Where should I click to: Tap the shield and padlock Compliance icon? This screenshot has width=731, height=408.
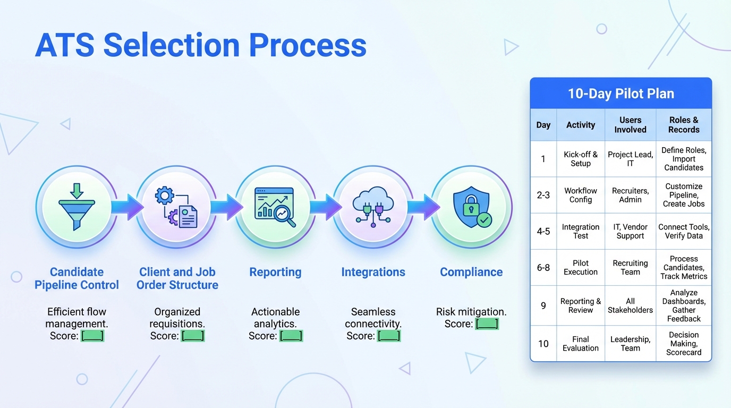coord(471,207)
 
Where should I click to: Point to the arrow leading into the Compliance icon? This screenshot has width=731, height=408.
coord(423,206)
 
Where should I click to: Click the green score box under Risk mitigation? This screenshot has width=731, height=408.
coord(487,324)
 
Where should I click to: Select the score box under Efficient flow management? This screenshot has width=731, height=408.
coord(92,336)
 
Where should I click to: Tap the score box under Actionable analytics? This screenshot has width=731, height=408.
coord(291,336)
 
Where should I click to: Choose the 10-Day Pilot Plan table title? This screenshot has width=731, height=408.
coord(620,94)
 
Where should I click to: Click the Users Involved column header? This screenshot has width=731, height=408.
coord(630,125)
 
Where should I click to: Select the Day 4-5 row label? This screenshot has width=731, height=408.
coord(543,232)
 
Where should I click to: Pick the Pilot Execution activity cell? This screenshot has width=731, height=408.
coord(580,267)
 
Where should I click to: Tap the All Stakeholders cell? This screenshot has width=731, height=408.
coord(630,305)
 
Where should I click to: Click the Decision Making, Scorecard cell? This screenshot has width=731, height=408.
coord(684,343)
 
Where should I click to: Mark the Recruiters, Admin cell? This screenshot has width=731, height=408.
coord(630,195)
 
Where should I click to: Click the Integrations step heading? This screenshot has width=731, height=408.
coord(373,272)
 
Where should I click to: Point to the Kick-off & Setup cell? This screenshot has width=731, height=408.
coord(580,159)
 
